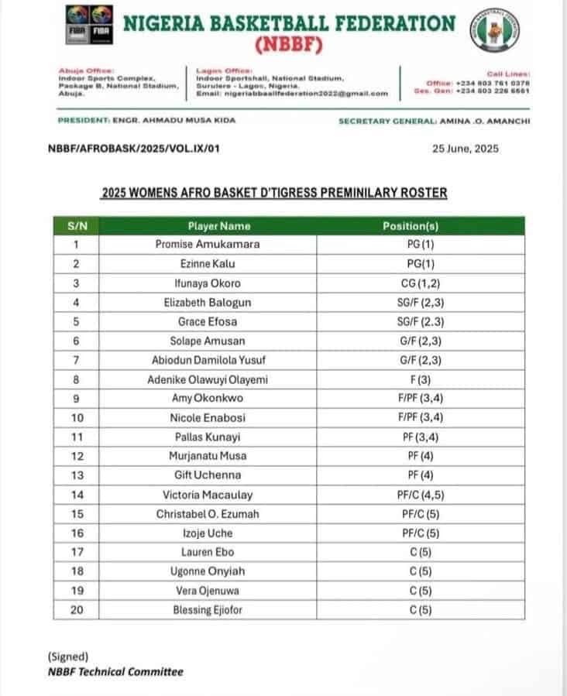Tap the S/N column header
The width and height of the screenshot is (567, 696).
(x=77, y=226)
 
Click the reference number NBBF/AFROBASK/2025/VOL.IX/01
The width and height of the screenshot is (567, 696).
(x=134, y=149)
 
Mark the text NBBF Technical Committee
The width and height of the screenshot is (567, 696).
(x=115, y=671)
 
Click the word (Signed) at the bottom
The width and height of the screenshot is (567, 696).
(x=67, y=657)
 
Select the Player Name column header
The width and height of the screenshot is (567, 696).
(x=218, y=226)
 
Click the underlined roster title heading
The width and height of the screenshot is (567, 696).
(x=274, y=193)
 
